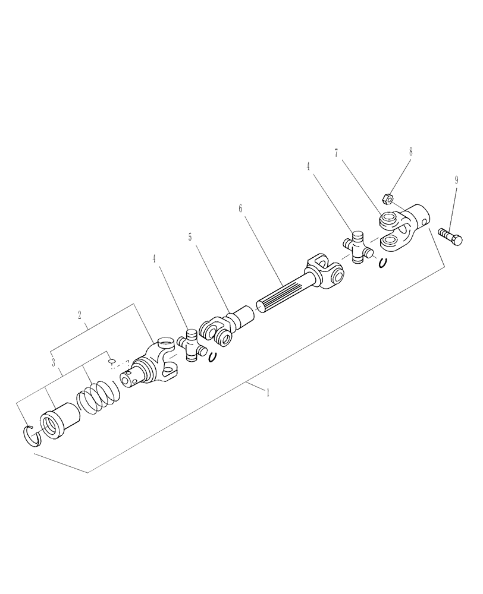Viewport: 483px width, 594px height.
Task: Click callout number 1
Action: pyautogui.click(x=268, y=393)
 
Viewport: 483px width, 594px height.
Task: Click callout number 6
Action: pyautogui.click(x=240, y=209)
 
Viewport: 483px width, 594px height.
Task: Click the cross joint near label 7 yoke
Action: pyautogui.click(x=358, y=247)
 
